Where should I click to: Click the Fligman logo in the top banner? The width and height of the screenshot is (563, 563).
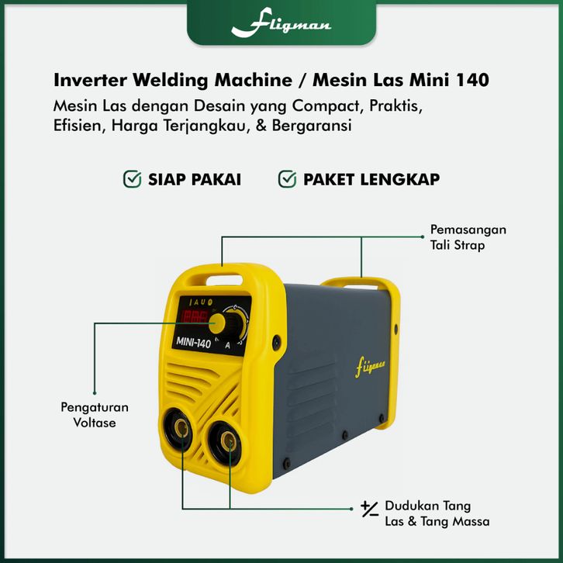point(281,25)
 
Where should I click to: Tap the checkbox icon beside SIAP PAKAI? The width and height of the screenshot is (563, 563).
point(133,180)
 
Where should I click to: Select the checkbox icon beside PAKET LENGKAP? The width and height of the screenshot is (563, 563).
point(288,180)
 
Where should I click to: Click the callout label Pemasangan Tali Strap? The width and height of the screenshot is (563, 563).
point(468,237)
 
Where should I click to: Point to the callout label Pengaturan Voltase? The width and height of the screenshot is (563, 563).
point(95,415)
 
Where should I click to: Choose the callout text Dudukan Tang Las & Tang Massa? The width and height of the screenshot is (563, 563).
point(437,514)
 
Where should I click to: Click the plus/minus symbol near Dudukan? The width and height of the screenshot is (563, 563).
point(369,509)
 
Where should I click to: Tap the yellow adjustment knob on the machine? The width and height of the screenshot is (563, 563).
point(219,323)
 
